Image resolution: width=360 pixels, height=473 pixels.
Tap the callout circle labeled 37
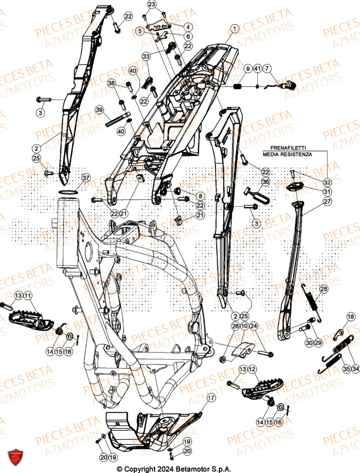point(86,178)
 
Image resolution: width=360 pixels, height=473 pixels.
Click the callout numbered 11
point(28,296)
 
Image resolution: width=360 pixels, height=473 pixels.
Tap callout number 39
point(99,110)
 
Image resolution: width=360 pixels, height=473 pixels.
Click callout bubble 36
point(265,182)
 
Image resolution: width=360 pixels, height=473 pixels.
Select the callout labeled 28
point(323,289)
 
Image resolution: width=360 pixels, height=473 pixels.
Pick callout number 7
point(268,70)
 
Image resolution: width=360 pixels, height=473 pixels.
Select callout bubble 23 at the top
point(151,5)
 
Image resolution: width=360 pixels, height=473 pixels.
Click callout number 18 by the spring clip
point(351,316)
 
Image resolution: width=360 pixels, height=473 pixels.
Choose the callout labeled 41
point(257,70)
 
